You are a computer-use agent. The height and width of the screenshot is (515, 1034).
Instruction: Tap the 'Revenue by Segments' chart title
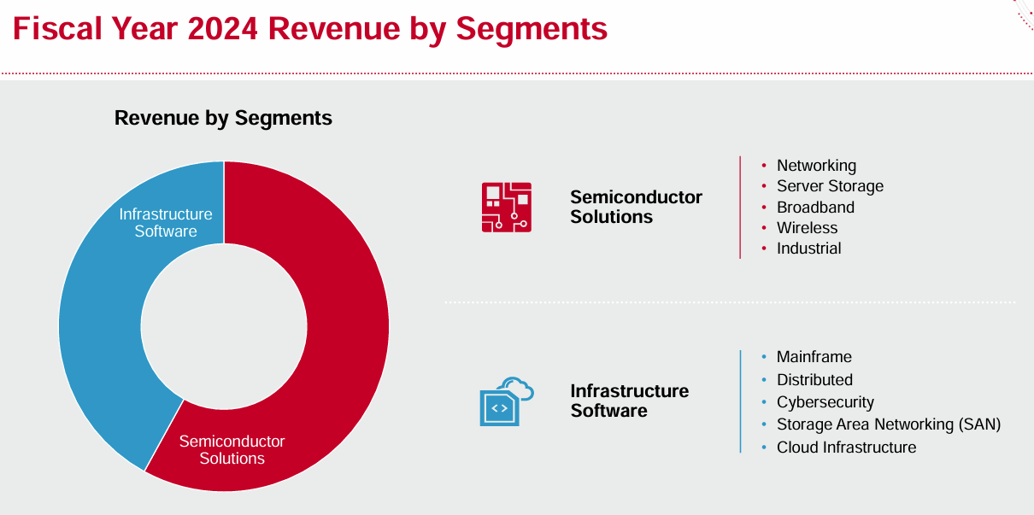[x=223, y=118]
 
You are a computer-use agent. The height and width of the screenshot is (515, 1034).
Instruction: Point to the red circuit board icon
[x=506, y=207]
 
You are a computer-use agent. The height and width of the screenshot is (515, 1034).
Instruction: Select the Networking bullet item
[x=816, y=166]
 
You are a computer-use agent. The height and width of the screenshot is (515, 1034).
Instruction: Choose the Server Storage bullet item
[x=830, y=186]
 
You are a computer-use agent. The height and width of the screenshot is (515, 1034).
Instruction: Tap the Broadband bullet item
[x=815, y=208]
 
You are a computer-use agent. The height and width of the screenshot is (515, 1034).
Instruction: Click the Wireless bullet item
[x=807, y=228]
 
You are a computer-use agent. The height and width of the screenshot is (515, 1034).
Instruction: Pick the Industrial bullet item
[x=808, y=249]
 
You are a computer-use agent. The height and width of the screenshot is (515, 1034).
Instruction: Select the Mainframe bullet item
[x=814, y=357]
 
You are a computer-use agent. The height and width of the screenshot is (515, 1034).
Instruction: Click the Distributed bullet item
[x=814, y=380]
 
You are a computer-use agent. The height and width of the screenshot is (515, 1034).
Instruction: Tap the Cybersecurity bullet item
[x=825, y=402]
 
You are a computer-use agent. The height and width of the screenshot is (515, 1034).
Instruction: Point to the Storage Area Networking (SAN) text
[x=888, y=424]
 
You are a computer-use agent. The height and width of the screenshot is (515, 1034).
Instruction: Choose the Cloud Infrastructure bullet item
[x=846, y=448]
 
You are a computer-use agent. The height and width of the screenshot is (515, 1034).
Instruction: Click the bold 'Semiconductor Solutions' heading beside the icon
[x=636, y=207]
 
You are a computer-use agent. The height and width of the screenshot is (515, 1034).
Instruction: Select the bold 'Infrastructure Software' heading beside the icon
[x=629, y=401]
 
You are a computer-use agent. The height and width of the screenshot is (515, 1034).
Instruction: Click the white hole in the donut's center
[x=224, y=326]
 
